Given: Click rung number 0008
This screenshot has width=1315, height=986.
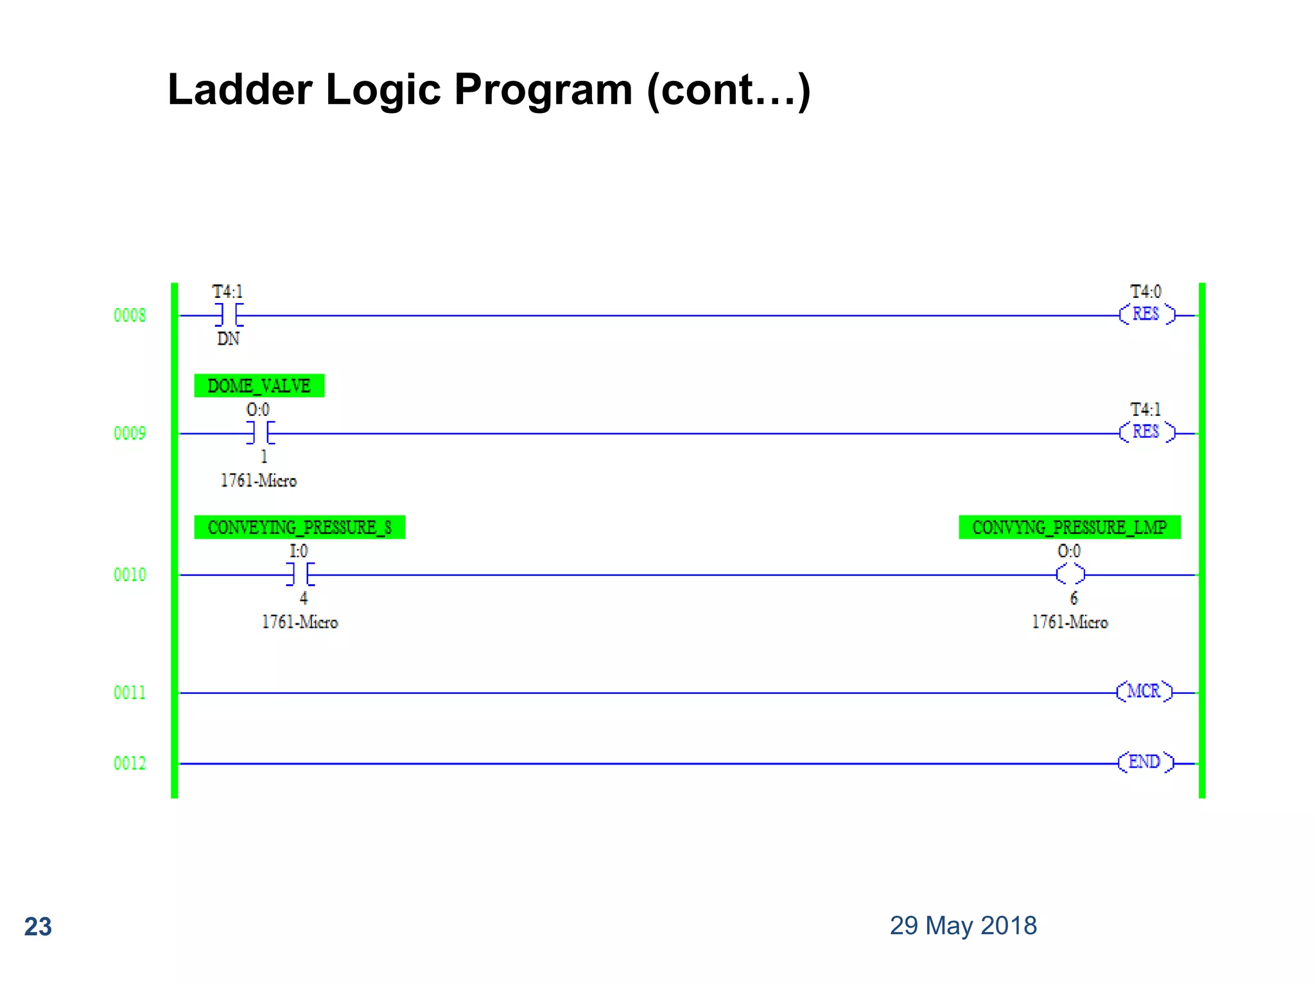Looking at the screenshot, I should click(130, 315).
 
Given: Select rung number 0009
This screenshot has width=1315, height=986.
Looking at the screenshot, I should click(130, 433).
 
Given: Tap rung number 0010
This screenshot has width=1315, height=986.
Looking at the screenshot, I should click(130, 575).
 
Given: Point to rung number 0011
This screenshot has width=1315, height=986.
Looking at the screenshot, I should click(130, 693).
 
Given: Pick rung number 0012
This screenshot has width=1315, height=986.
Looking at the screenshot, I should click(130, 763).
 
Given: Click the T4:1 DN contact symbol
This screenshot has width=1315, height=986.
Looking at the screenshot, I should click(229, 315).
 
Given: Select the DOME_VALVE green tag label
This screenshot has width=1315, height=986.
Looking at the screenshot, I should click(259, 386).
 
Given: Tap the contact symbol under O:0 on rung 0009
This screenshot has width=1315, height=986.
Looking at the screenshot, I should click(261, 433).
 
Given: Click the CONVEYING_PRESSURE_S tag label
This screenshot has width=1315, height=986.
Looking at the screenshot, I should click(299, 527).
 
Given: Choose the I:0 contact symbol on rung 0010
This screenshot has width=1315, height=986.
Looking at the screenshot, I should click(300, 575).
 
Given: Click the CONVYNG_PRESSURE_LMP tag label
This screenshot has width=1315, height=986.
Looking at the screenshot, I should click(1069, 527).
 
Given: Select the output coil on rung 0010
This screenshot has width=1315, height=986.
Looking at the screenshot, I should click(1070, 575).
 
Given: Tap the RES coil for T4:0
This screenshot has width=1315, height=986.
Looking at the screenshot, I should click(1146, 315).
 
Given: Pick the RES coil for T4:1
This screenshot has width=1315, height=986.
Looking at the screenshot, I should click(1146, 432).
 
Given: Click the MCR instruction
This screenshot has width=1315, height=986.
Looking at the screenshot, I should click(1144, 691).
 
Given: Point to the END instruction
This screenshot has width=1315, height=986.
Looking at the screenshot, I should click(1145, 762).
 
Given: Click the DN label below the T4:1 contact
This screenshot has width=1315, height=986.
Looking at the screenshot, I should click(228, 339).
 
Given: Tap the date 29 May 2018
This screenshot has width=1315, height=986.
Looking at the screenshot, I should click(962, 926).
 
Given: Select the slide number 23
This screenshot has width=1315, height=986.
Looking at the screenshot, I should click(38, 927).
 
